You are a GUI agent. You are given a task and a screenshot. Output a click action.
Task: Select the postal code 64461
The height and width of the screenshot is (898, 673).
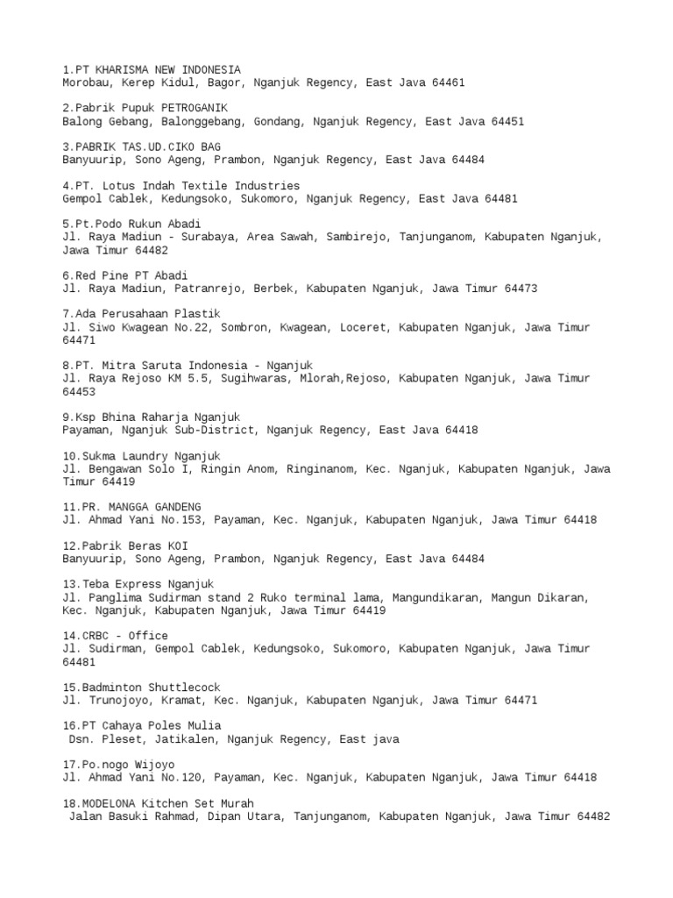pyautogui.click(x=448, y=82)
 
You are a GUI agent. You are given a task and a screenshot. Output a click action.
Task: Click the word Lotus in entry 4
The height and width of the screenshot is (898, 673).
pyautogui.click(x=124, y=186)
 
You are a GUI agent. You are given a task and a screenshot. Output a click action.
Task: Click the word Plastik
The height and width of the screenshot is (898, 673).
pyautogui.click(x=195, y=314)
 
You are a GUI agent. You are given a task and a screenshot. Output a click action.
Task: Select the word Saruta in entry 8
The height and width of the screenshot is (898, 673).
pyautogui.click(x=167, y=365)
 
